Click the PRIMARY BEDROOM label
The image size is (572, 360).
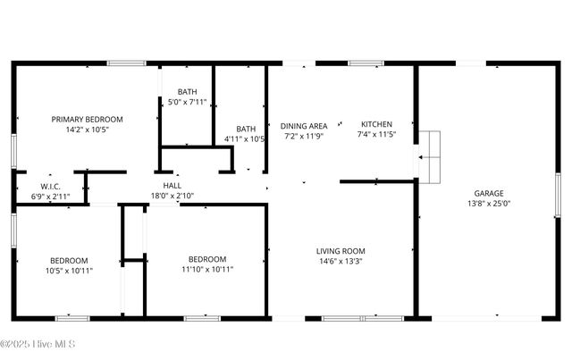(87, 119)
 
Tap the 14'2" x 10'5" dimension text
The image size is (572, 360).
(87, 130)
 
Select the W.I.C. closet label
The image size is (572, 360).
(50, 186)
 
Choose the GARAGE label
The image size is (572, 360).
(489, 193)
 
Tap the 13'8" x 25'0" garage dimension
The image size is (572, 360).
(489, 204)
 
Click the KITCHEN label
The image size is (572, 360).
(376, 124)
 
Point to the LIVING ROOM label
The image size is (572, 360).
(341, 251)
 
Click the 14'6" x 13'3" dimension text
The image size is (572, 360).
(341, 262)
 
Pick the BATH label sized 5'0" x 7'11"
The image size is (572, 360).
(188, 91)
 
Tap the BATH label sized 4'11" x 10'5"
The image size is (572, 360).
(246, 129)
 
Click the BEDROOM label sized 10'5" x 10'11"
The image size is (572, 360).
(69, 259)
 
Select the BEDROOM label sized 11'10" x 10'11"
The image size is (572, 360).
(206, 259)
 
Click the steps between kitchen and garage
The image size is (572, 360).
(431, 156)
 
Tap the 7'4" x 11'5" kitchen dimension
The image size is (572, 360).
(376, 135)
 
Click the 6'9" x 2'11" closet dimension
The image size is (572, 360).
(50, 196)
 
